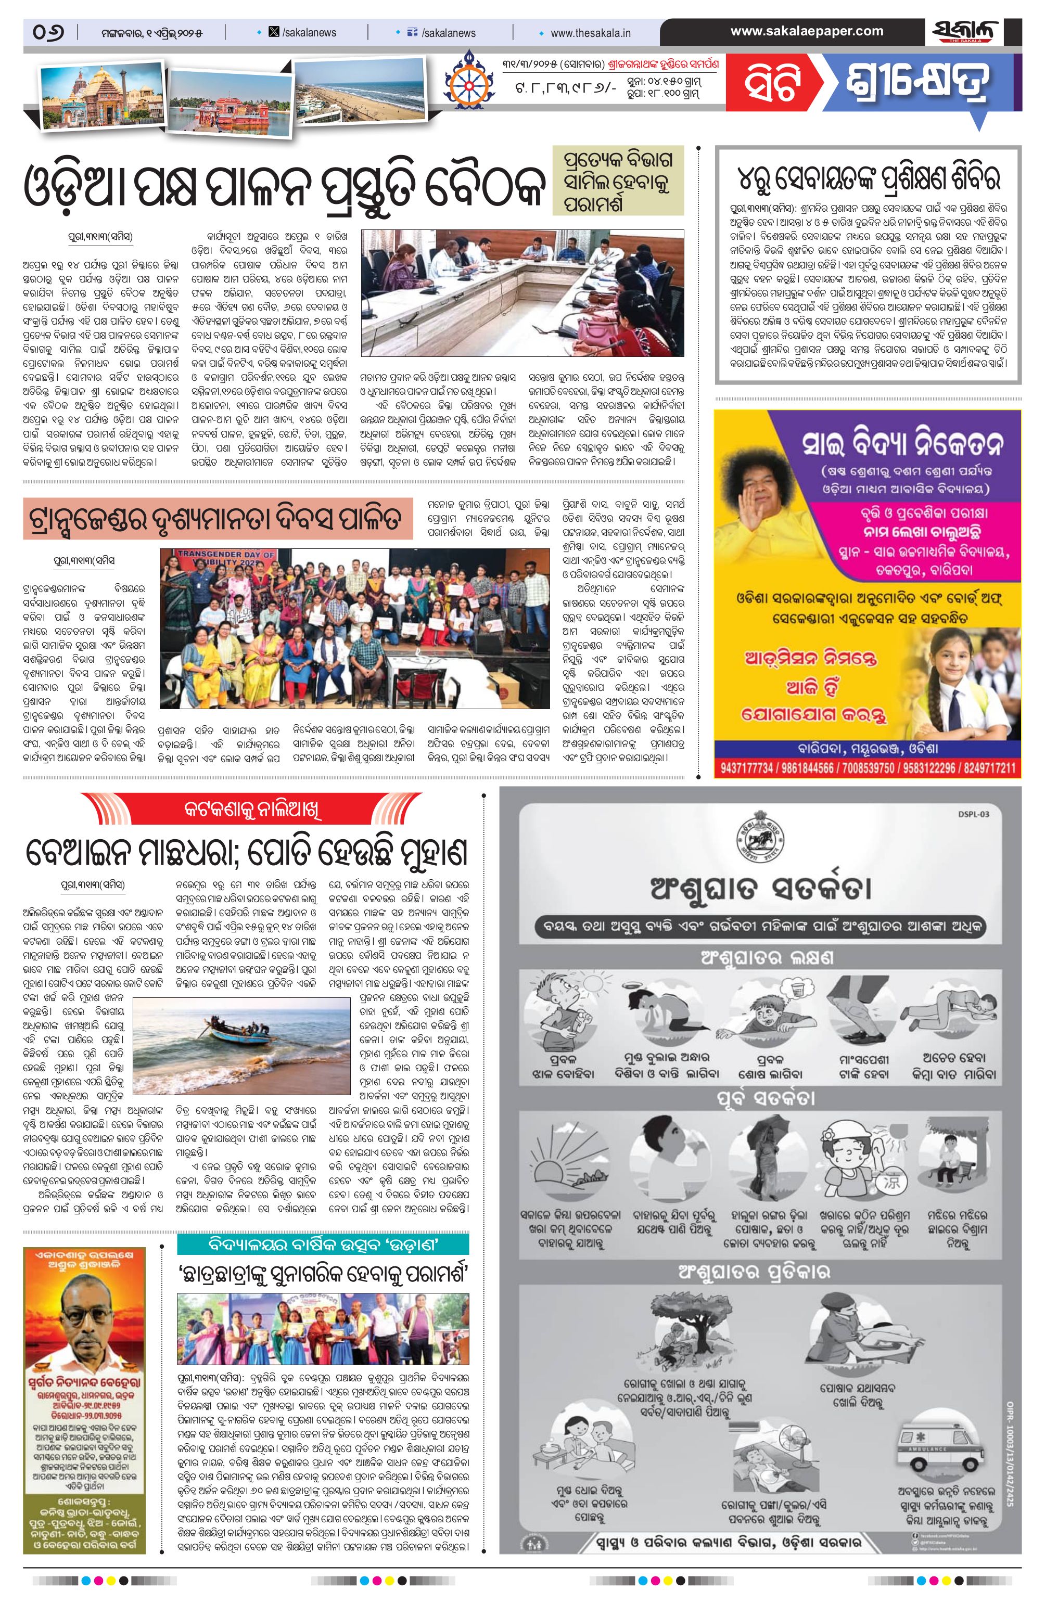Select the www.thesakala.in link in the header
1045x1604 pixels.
pos(590,32)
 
